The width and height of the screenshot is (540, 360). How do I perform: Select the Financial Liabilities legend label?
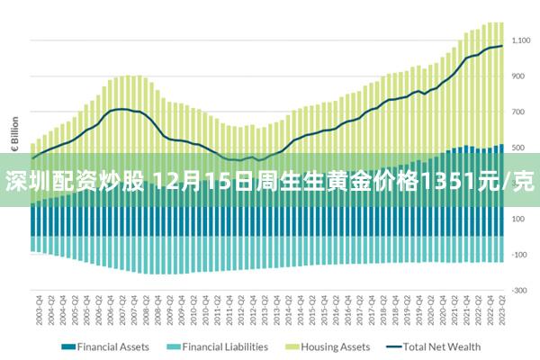225,346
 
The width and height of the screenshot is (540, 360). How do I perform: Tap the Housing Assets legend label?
335,346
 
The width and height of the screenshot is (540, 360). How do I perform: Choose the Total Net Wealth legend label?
442,346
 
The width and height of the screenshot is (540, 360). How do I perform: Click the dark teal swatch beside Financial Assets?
67,346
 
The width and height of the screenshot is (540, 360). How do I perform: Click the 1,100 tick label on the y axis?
521,40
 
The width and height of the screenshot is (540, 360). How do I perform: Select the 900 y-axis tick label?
518,76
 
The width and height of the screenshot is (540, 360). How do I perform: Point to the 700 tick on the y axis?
518,112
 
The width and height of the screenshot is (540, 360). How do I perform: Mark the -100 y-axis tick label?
519,255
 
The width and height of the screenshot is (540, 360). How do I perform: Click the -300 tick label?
519,290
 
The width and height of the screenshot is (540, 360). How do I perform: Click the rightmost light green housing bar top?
500,23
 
